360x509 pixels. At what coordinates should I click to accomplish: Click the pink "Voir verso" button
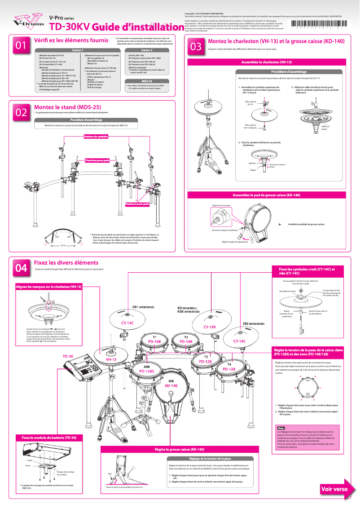pos(334,489)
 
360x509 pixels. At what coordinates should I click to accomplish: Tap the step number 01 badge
pos(21,46)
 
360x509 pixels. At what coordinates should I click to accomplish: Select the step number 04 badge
pos(21,268)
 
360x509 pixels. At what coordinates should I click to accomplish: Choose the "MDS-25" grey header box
pos(147,81)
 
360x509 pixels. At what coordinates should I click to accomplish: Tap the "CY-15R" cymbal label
pos(210,327)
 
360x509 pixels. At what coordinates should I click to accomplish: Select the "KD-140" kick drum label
pos(171,385)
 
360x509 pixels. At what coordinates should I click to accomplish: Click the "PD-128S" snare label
pos(147,372)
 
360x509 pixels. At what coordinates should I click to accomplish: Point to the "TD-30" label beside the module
pos(68,356)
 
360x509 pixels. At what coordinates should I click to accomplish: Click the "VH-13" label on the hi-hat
pos(111,360)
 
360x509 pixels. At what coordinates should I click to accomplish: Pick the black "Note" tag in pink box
pos(281,428)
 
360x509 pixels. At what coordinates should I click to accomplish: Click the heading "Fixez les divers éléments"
pos(66,262)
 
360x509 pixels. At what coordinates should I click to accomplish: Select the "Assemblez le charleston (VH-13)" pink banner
pos(267,62)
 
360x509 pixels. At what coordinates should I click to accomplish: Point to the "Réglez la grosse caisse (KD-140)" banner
pos(180,449)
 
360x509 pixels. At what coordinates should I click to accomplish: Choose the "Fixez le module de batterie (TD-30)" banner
pos(46,437)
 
